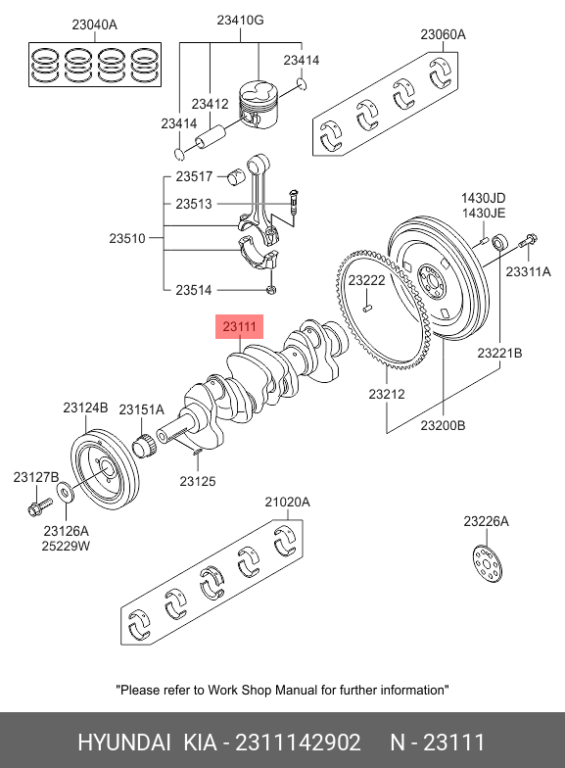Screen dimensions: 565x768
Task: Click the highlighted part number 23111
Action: (239, 326)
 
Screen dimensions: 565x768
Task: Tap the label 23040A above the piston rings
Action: (94, 24)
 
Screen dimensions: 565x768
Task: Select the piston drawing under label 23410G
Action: (259, 105)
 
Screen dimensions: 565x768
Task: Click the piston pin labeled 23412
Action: (212, 136)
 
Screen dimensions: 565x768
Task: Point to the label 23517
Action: (194, 176)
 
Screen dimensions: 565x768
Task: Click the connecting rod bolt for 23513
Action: (294, 201)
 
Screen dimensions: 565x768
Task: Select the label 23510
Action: (127, 239)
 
